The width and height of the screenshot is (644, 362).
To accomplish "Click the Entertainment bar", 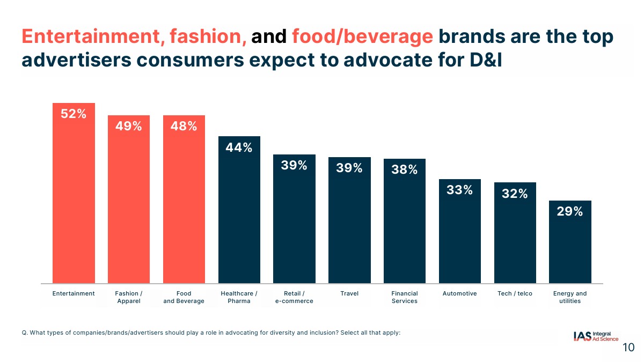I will pos(74,204).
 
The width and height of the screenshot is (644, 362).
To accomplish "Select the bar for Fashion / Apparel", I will pos(129,209).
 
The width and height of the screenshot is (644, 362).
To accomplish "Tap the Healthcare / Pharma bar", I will pos(239,220).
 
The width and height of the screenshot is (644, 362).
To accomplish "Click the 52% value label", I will pos(74,114).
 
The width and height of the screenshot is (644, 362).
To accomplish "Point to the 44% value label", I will pos(239,147).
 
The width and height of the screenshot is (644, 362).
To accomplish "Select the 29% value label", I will pos(570,211).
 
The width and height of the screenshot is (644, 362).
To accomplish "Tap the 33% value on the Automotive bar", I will pos(460,190).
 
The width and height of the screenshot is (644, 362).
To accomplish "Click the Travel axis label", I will pos(349,293).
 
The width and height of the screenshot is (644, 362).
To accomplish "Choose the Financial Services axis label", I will pos(405,297).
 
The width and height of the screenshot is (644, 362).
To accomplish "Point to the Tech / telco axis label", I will pos(515,293).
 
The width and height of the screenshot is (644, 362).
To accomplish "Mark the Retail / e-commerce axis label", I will pos(294,297).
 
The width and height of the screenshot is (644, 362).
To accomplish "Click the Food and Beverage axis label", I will pos(184,297).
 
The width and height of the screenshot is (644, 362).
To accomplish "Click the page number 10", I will pos(628,348).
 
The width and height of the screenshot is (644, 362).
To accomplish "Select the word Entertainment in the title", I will pos(92,36).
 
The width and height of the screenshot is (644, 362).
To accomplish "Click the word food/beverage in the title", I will pos(362,36).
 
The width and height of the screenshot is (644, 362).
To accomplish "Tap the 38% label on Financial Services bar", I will pos(405,170).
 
